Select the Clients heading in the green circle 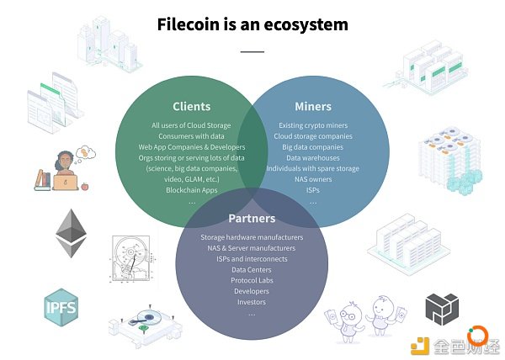[x=192, y=107]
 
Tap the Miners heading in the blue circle [x=313, y=107]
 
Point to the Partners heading [x=252, y=219]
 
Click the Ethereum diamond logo [x=72, y=233]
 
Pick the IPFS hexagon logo [x=61, y=307]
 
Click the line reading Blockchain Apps [x=192, y=190]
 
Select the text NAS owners [x=313, y=179]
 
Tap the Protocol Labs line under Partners [x=252, y=280]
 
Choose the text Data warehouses [x=313, y=158]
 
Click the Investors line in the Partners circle [x=252, y=302]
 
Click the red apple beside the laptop [x=85, y=186]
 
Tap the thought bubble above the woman [x=86, y=152]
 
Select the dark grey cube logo [x=442, y=310]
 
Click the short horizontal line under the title [x=252, y=51]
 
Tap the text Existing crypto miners [x=313, y=125]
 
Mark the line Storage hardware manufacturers [x=252, y=237]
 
